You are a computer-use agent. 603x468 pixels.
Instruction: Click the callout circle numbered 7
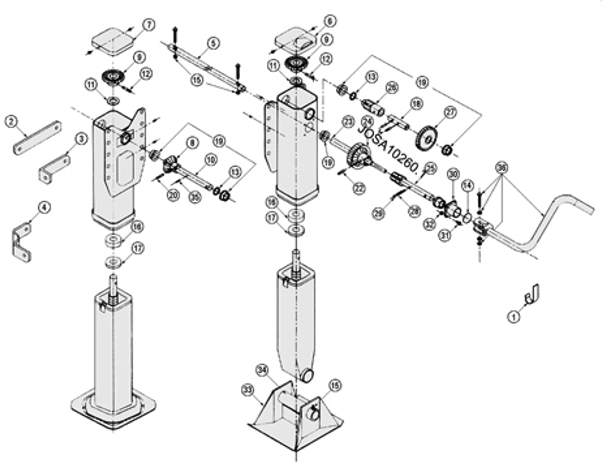pos(149,25)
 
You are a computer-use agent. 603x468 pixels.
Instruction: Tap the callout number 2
pos(11,121)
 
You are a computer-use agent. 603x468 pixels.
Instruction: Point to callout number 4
pos(44,207)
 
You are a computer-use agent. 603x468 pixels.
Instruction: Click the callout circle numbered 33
pos(248,390)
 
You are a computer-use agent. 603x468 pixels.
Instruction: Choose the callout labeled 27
pos(451,112)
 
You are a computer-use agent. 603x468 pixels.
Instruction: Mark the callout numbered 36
pos(502,168)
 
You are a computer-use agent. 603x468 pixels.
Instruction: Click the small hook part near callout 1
pos(532,294)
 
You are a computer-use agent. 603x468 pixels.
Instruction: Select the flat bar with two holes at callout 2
pos(37,137)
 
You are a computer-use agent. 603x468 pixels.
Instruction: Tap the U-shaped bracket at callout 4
pos(21,242)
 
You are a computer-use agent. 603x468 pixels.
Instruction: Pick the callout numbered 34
pos(262,370)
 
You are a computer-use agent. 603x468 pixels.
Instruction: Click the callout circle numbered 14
pos(467,185)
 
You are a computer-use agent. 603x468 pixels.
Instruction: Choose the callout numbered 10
pos(211,160)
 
